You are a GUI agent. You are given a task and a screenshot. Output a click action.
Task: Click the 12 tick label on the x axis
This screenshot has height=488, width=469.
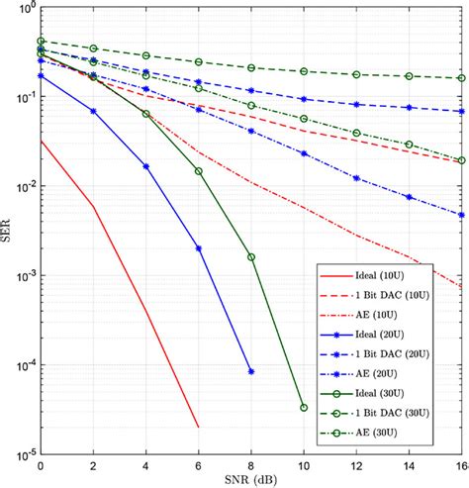tap(356, 464)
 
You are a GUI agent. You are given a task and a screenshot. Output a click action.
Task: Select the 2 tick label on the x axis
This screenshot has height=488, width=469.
tap(93, 464)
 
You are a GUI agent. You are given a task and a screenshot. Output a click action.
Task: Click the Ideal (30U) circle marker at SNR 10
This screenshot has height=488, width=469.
tap(304, 408)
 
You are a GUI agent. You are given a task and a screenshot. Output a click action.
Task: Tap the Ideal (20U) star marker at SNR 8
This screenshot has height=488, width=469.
tap(251, 371)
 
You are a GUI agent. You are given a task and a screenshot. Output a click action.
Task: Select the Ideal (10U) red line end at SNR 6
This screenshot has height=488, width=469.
tap(198, 428)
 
